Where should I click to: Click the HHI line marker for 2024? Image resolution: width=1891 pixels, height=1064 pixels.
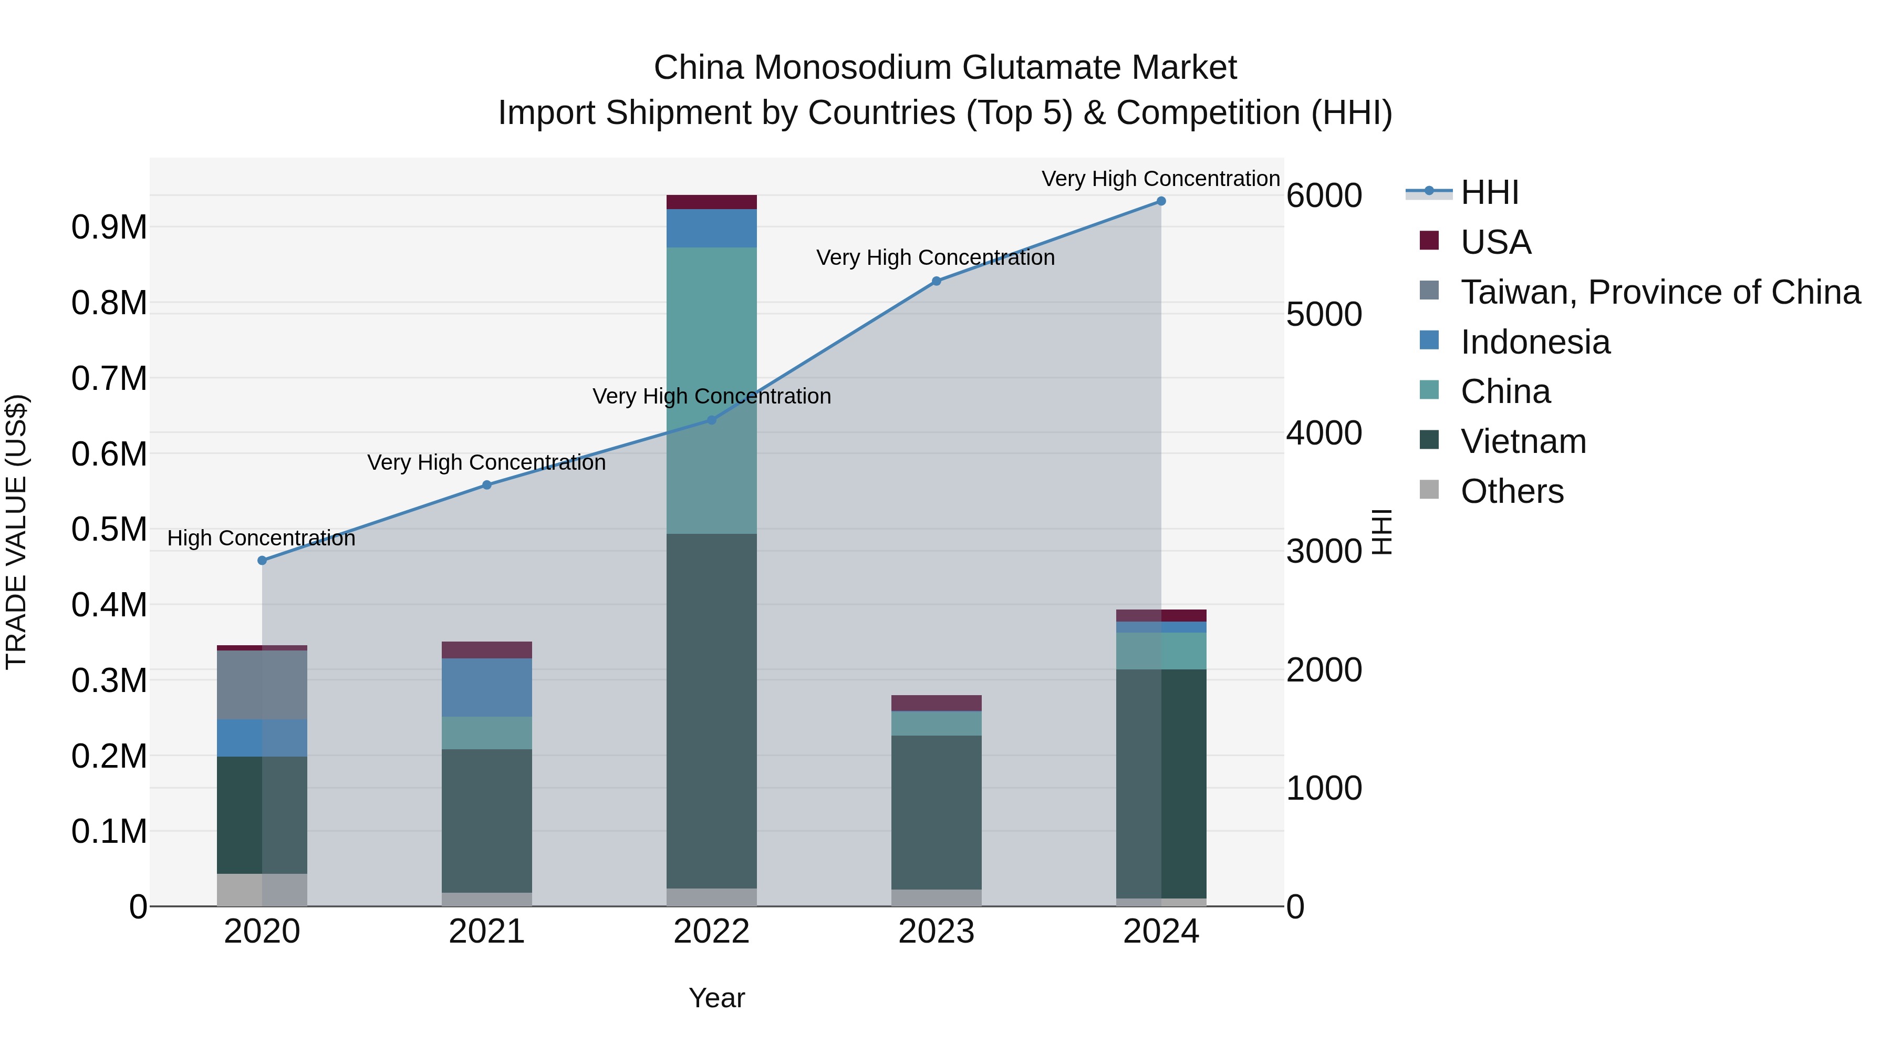coord(1160,201)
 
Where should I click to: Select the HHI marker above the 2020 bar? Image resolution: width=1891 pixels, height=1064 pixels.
coord(262,560)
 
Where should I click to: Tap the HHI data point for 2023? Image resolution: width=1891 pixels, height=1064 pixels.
coord(936,281)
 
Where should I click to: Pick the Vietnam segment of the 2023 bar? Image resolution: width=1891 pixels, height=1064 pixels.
coord(936,811)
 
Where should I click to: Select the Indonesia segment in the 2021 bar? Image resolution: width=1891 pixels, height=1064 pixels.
coord(487,687)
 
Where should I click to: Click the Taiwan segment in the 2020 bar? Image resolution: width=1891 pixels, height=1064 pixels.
coord(262,684)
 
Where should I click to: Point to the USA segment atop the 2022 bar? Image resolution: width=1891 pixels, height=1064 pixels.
coord(711,202)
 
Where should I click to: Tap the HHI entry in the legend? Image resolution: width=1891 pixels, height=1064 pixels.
coord(1489,192)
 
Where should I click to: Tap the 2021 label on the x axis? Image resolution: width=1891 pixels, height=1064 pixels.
coord(487,932)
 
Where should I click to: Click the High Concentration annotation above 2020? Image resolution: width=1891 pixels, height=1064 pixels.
coord(262,538)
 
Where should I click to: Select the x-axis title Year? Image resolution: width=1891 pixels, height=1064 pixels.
coord(716,998)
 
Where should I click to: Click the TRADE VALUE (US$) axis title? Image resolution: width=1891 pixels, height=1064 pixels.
coord(16,532)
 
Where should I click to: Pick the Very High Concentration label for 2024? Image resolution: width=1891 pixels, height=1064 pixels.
coord(1160,179)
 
